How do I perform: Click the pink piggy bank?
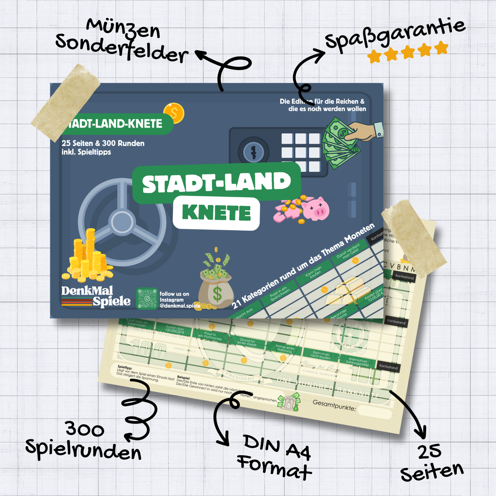click(x=315, y=209)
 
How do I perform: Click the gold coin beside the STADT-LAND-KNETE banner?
click(x=173, y=113)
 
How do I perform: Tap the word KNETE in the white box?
click(x=216, y=213)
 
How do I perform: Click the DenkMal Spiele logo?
click(x=96, y=296)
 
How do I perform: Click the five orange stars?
click(x=407, y=52)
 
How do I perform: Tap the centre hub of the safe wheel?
click(x=122, y=222)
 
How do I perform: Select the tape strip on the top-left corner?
click(x=65, y=103)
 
